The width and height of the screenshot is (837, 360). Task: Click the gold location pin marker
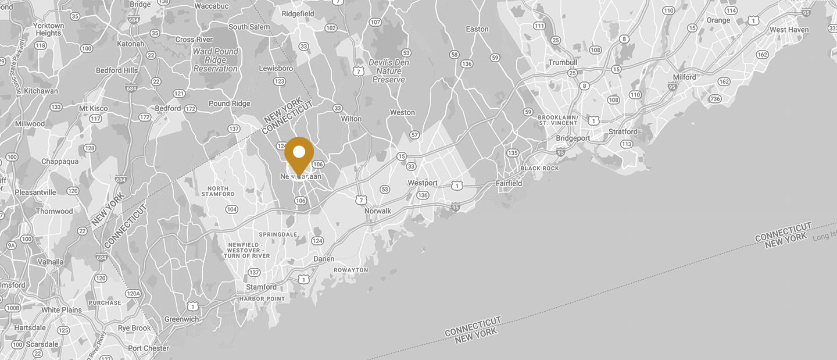click(299, 154)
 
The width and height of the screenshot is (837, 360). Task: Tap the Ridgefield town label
click(298, 13)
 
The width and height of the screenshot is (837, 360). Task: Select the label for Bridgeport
click(573, 138)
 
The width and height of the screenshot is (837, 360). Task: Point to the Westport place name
click(423, 183)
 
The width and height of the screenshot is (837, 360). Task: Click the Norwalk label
click(378, 211)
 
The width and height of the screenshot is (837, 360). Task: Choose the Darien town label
click(324, 259)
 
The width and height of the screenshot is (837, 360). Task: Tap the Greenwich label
click(181, 319)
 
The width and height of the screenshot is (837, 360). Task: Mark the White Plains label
click(62, 310)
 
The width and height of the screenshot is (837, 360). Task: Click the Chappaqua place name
click(60, 162)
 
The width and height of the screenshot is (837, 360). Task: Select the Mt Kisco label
click(93, 108)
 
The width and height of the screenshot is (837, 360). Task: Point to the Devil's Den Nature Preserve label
click(389, 71)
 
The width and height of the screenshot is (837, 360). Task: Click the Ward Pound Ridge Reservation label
click(216, 60)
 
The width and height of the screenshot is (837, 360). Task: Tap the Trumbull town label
click(563, 63)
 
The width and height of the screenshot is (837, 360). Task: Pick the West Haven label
click(789, 30)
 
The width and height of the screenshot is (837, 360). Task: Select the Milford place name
click(685, 77)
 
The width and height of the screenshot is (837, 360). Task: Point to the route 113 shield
click(627, 144)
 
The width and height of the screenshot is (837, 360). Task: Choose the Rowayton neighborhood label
click(350, 270)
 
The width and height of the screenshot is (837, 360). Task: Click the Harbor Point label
click(262, 299)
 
